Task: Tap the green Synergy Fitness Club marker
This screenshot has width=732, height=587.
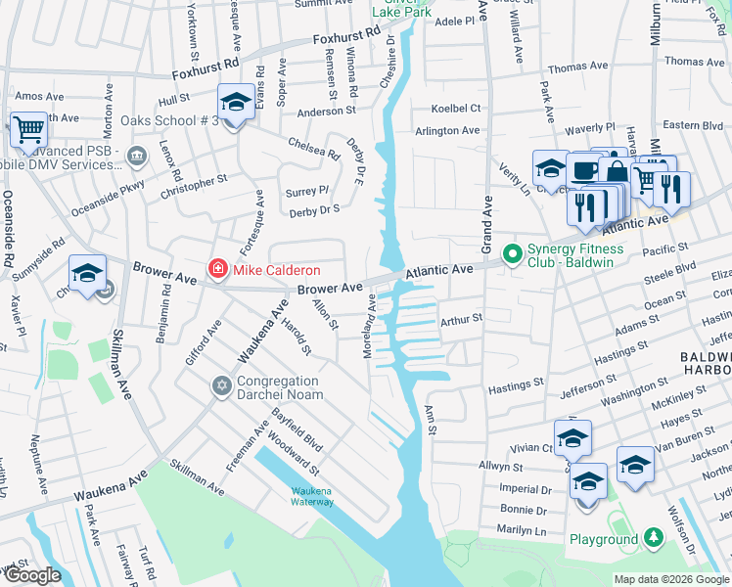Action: pyautogui.click(x=511, y=254)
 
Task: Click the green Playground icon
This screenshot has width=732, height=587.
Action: pyautogui.click(x=653, y=538)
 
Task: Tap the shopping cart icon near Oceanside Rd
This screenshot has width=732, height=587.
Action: pyautogui.click(x=28, y=129)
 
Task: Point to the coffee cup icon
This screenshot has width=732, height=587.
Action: pyautogui.click(x=585, y=170)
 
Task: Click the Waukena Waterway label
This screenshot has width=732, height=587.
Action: pyautogui.click(x=312, y=496)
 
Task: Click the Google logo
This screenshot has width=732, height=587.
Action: pyautogui.click(x=32, y=575)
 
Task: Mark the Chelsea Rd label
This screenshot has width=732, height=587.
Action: pyautogui.click(x=313, y=149)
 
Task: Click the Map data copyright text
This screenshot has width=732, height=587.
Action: pyautogui.click(x=670, y=579)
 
